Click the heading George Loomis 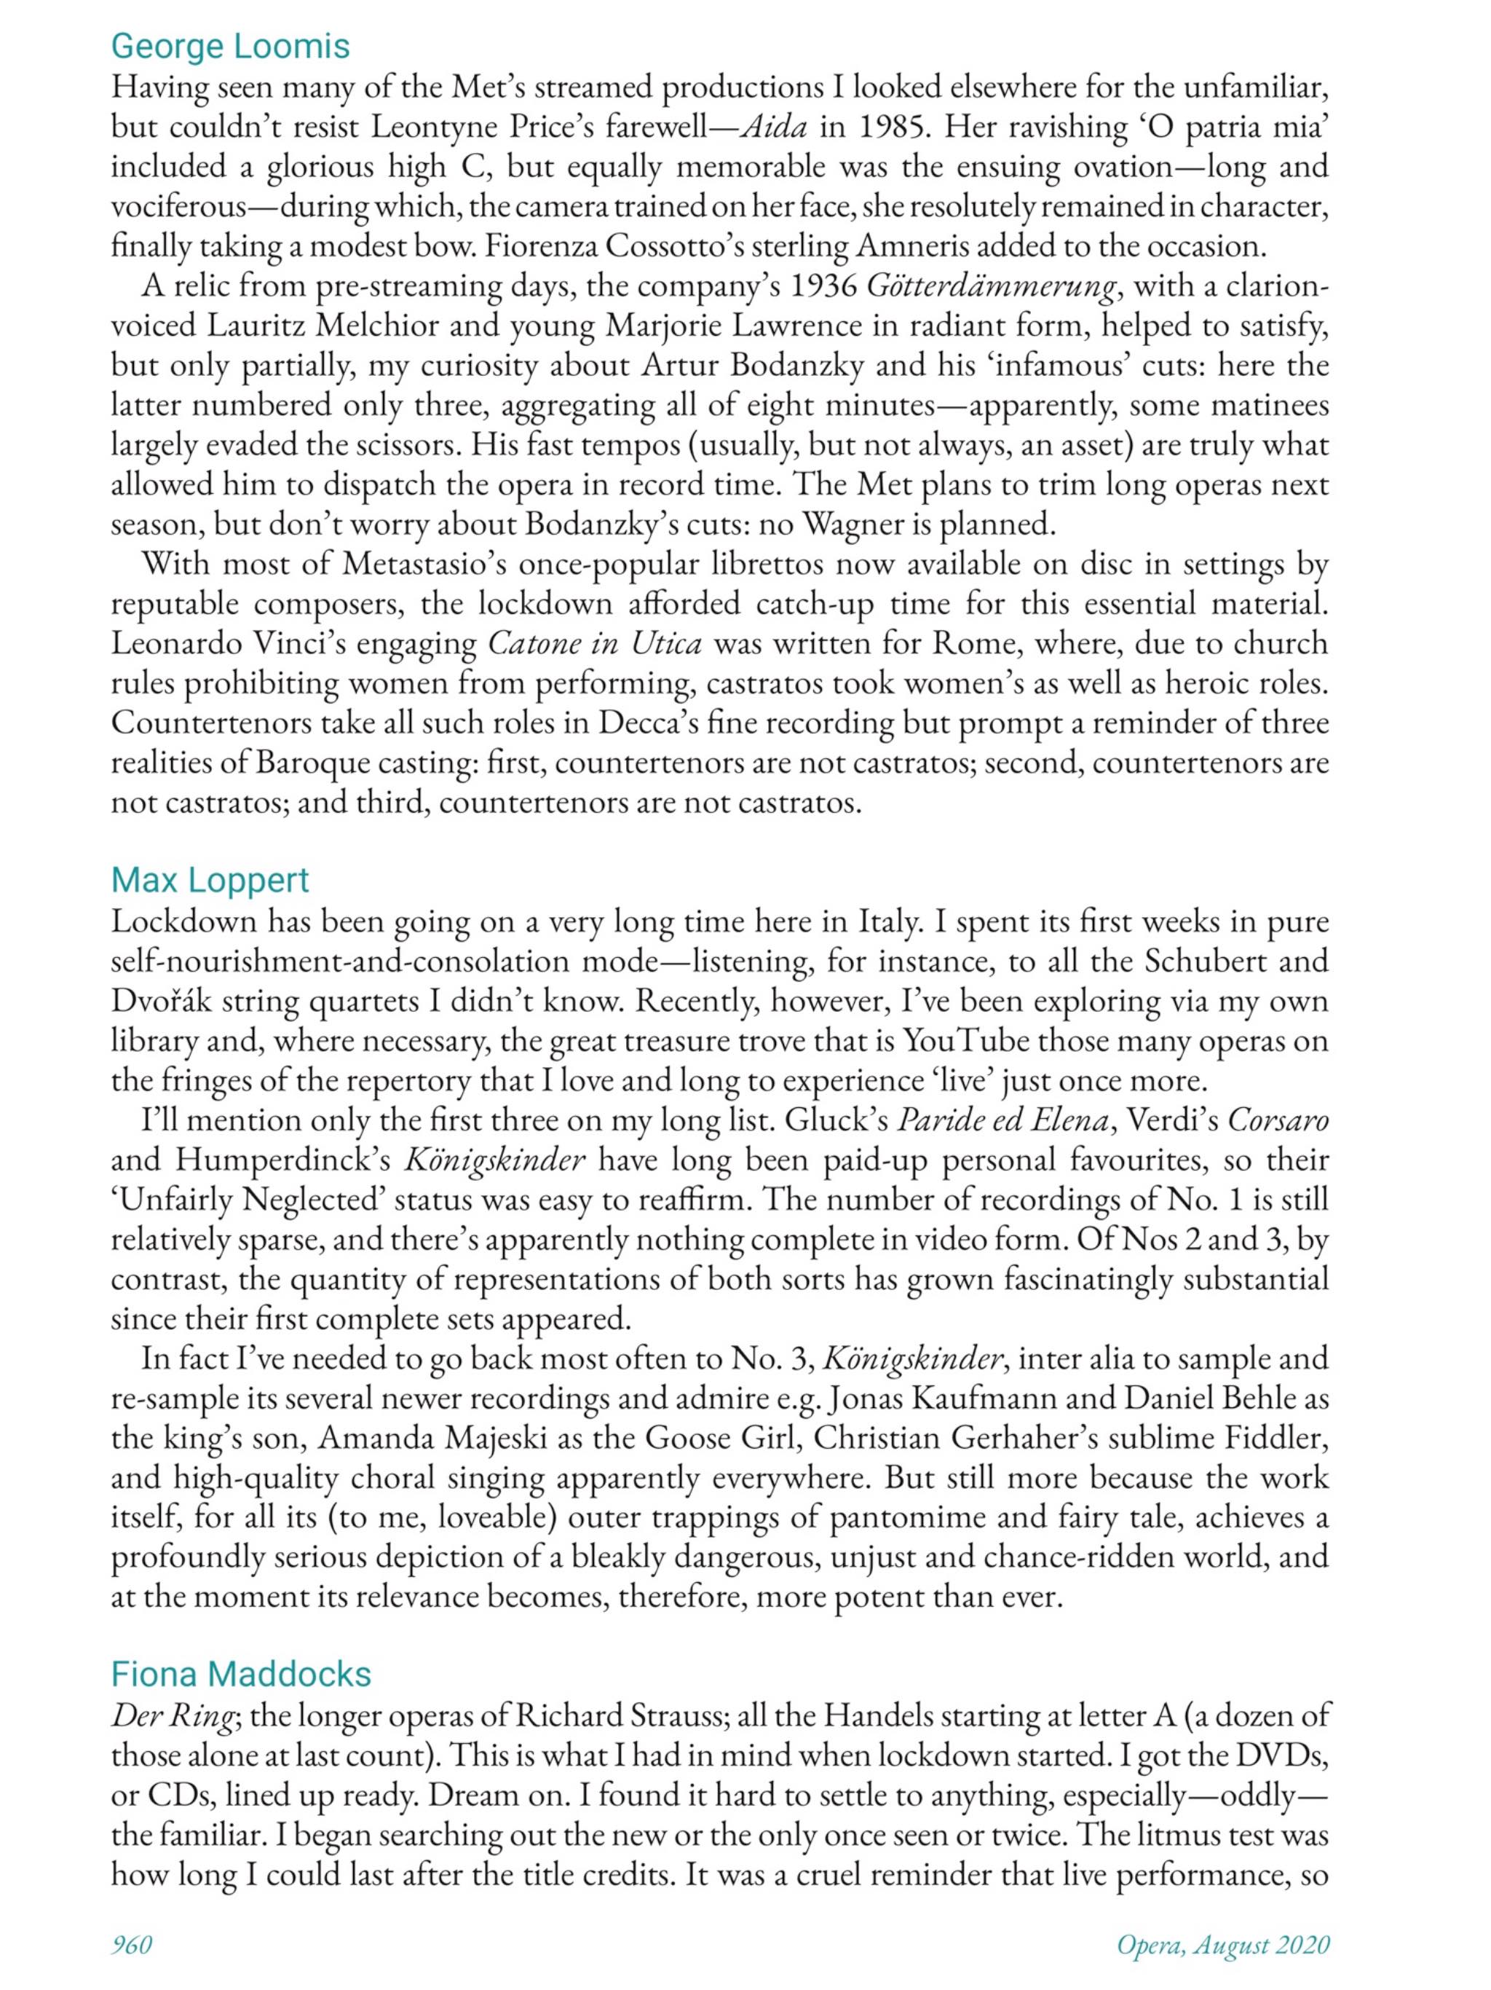tap(230, 46)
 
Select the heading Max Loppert tap(210, 880)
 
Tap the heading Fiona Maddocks tap(240, 1673)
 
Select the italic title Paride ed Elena tap(1002, 1121)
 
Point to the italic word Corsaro tap(1278, 1121)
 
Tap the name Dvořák tap(161, 1002)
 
